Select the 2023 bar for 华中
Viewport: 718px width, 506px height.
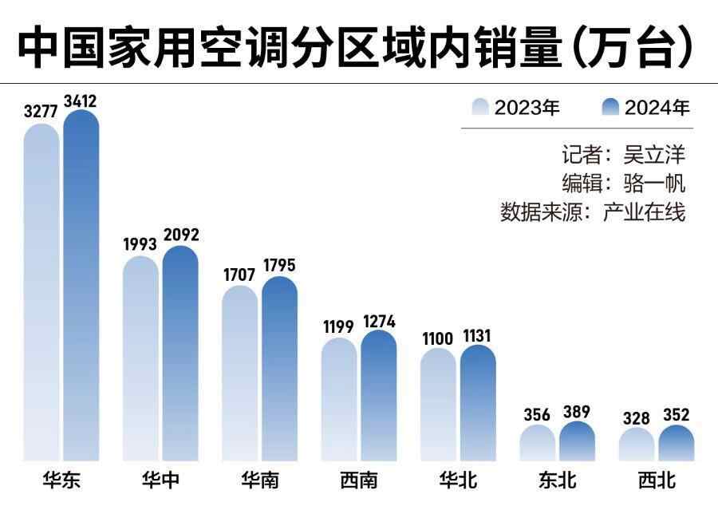(140, 359)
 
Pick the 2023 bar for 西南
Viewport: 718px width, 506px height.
(339, 399)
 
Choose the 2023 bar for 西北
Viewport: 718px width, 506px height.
(637, 445)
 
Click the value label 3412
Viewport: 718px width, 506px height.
(81, 101)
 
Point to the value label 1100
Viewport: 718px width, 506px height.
(438, 338)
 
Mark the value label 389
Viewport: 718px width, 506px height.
(577, 413)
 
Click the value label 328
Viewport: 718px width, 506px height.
(637, 417)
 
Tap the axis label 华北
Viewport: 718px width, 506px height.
(458, 481)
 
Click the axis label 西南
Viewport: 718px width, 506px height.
(358, 481)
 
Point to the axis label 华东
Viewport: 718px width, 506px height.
(61, 481)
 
